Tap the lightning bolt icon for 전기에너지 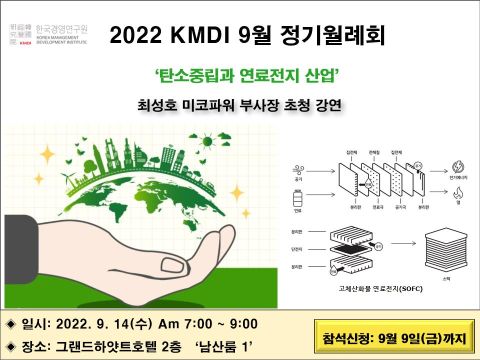point(457,166)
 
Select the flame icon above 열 point(457,192)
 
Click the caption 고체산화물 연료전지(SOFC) point(380,288)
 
